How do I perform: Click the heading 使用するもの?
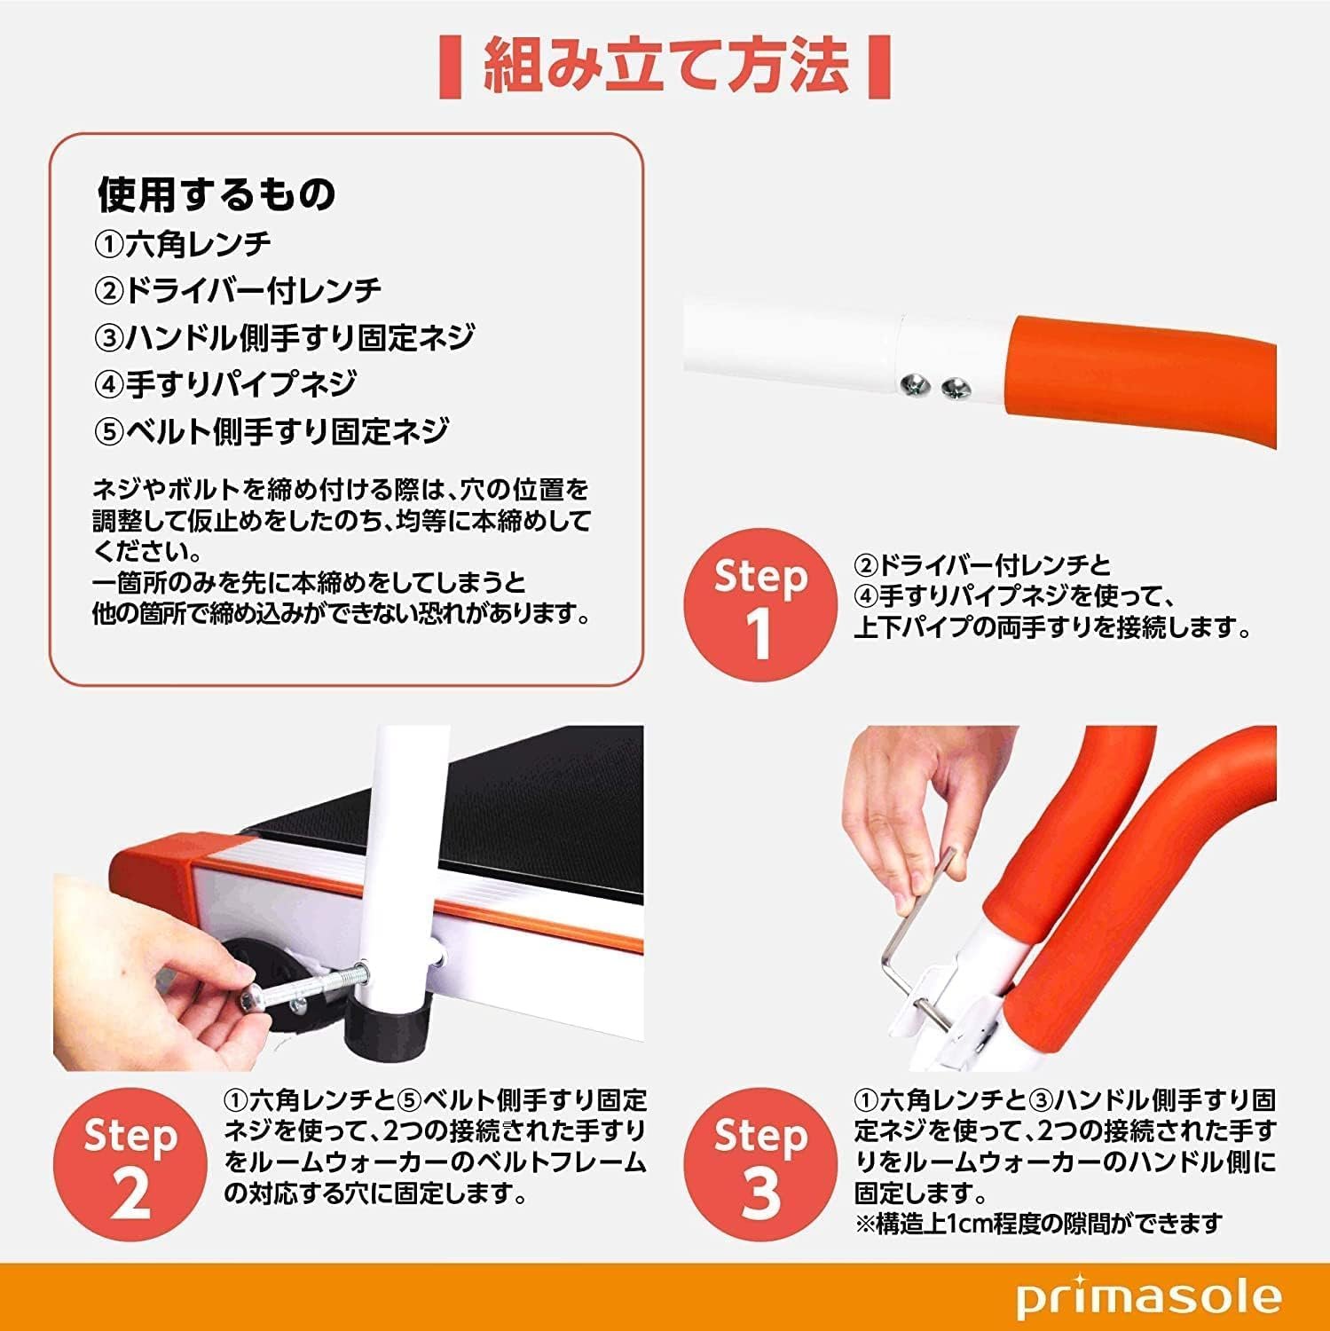[x=216, y=193]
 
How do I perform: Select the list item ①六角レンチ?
[x=183, y=243]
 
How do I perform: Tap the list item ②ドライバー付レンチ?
[x=238, y=290]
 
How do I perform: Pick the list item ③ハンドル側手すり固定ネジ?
[x=284, y=337]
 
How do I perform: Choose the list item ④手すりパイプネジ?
[x=225, y=384]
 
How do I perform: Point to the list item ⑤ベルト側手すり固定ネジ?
[x=272, y=431]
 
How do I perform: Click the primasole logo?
[x=1149, y=1297]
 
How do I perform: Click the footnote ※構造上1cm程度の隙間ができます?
[x=1039, y=1224]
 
